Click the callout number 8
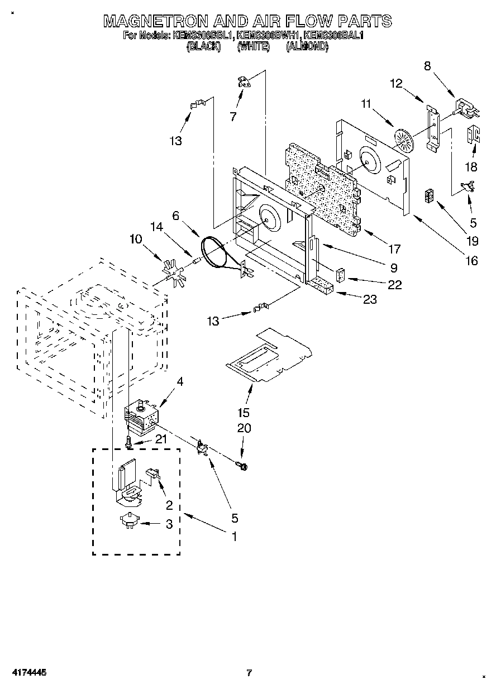(x=427, y=66)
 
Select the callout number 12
(x=396, y=84)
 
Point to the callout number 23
(x=370, y=299)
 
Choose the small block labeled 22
(x=341, y=276)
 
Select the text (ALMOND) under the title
(x=307, y=47)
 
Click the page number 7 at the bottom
(x=249, y=672)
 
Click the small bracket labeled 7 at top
(x=244, y=82)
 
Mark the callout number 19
(x=473, y=241)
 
